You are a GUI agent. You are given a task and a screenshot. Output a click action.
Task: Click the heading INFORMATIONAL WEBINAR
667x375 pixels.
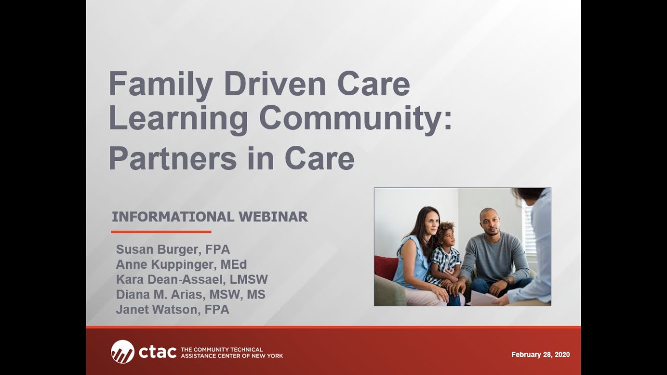coord(209,217)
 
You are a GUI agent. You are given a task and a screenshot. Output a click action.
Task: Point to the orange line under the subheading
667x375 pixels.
coord(161,232)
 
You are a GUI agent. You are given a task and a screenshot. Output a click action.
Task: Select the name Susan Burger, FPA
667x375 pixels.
coord(172,249)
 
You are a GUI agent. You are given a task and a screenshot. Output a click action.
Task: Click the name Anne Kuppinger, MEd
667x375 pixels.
coord(181,264)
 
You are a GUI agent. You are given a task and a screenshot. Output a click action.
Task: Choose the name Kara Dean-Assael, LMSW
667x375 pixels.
coord(191,279)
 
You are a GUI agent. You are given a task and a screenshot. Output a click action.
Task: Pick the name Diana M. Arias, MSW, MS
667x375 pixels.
coord(190,294)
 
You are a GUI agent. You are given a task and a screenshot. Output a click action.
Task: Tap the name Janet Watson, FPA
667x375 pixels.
coord(172,309)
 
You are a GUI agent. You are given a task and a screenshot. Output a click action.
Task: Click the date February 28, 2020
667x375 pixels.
coord(540,355)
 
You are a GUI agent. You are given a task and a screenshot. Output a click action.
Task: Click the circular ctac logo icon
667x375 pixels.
coord(122,352)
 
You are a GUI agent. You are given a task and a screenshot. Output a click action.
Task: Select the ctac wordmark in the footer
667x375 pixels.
coord(157,352)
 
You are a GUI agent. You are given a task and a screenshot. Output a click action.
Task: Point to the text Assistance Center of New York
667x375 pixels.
coord(231,356)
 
